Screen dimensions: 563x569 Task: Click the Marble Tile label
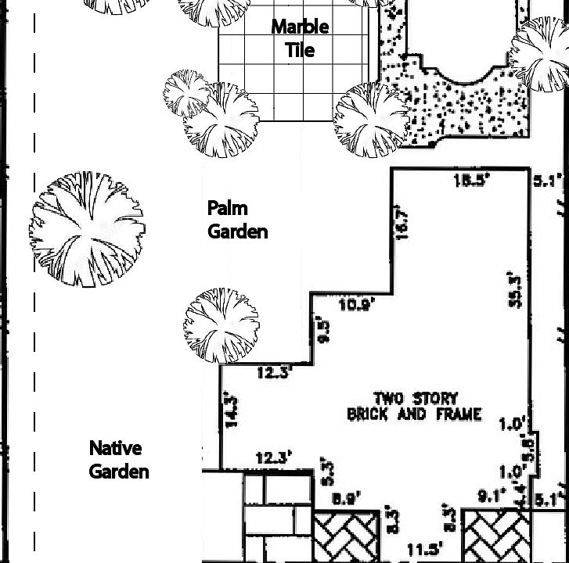tap(301, 38)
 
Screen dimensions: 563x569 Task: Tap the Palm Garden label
tap(237, 220)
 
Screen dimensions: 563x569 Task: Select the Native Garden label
tap(117, 460)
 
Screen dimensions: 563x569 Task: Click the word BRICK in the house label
tap(367, 414)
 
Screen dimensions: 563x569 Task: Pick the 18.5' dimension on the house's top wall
tap(471, 181)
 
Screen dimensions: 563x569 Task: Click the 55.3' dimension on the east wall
tap(515, 290)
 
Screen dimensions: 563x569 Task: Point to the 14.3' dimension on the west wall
tap(232, 409)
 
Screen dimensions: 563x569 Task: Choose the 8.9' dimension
tap(346, 498)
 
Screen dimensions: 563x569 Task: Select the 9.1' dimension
tap(491, 495)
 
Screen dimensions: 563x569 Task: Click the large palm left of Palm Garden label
tap(87, 229)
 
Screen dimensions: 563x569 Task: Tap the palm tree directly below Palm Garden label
tap(221, 326)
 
